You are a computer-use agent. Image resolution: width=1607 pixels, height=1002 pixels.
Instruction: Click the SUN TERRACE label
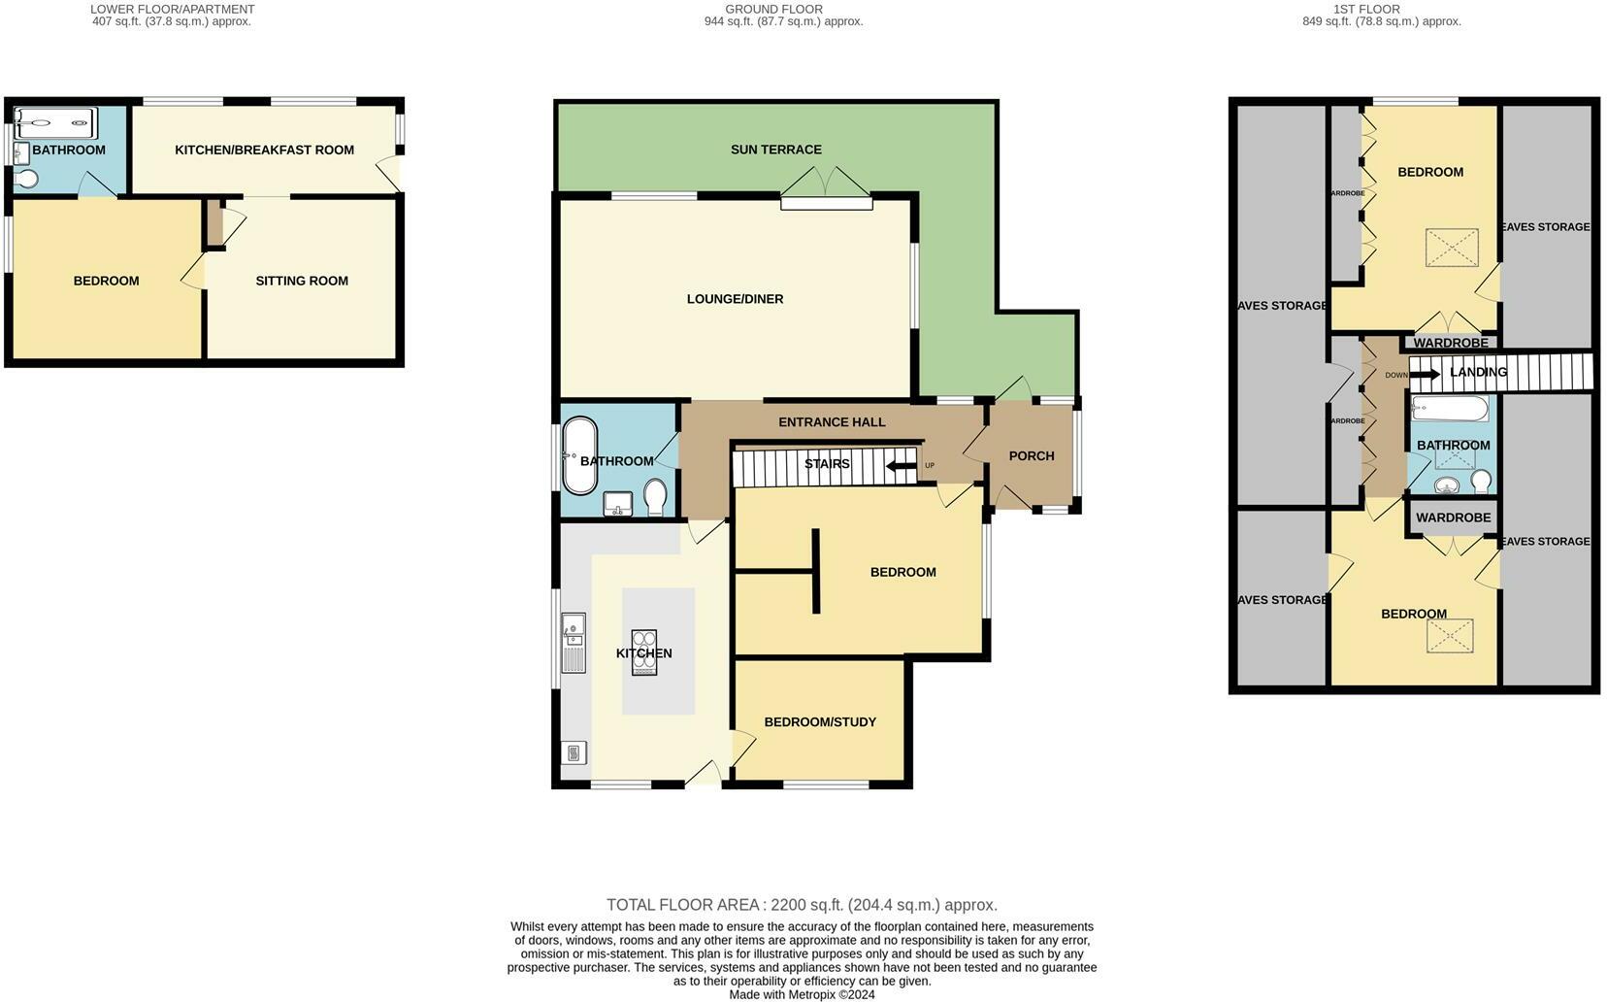775,150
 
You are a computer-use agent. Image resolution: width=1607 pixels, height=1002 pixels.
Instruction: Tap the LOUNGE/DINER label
735,299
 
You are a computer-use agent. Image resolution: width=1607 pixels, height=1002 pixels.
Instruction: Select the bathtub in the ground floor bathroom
581,455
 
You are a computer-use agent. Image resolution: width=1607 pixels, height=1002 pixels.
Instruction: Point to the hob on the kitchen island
644,651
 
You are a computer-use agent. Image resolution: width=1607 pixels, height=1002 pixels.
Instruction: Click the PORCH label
1031,456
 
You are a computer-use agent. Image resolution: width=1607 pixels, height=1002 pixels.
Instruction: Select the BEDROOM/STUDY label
819,722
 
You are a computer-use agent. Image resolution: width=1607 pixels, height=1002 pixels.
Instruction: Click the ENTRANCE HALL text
832,422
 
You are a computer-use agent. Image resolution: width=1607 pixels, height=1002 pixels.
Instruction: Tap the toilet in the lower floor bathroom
26,179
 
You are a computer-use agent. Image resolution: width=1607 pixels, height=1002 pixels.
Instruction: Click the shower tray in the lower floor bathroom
56,123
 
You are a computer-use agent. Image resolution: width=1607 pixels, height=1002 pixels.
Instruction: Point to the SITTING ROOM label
302,281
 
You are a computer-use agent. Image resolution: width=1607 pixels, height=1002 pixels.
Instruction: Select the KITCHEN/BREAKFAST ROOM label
264,150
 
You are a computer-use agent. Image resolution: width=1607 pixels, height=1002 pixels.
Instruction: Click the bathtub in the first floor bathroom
1450,409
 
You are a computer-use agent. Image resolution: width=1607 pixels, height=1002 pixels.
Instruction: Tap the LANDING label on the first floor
1477,372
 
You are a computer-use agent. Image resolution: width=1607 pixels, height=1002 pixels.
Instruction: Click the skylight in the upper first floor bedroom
1451,248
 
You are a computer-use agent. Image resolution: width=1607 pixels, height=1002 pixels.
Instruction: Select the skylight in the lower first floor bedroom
1449,637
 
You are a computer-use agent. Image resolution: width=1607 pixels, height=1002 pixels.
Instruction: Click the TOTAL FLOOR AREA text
802,905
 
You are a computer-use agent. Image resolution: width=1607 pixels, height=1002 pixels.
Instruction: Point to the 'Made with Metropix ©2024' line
802,994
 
